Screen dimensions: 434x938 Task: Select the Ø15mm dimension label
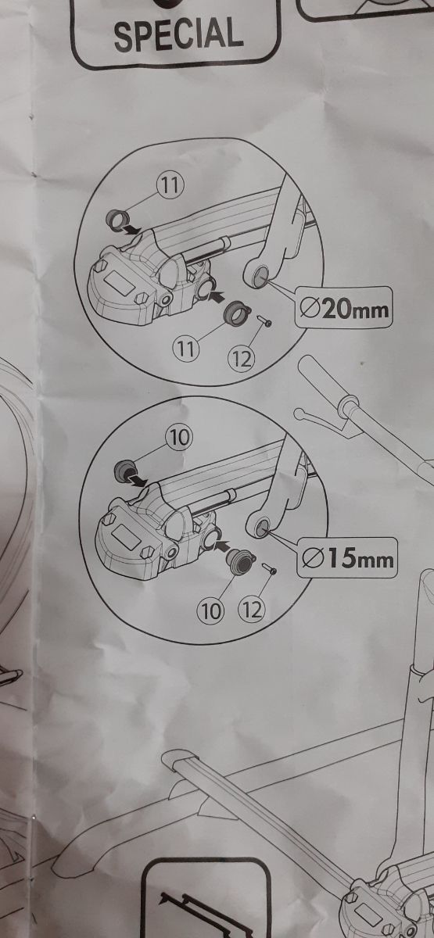348,558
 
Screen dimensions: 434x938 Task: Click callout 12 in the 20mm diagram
242,358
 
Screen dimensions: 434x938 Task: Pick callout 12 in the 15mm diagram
252,610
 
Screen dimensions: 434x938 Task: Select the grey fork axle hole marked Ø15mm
263,525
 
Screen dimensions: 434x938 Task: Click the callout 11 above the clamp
170,185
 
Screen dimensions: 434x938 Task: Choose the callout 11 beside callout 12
185,348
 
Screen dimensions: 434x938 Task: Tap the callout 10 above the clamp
179,438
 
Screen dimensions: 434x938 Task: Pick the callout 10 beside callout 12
210,611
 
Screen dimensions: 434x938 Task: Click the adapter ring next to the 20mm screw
237,313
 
